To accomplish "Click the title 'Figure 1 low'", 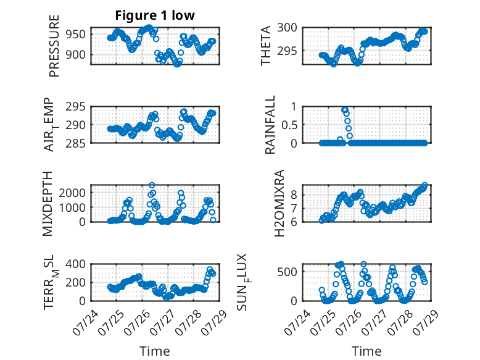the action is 155,15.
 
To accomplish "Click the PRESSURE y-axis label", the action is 54,46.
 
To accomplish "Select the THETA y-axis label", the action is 266,46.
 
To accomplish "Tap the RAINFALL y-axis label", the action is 270,125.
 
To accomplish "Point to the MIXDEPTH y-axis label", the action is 48,203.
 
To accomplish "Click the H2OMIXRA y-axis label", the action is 279,203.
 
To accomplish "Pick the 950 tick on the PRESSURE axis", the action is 76,35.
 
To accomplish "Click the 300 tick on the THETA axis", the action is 287,28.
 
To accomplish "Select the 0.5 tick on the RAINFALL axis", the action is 289,125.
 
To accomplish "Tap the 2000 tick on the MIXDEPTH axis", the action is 72,193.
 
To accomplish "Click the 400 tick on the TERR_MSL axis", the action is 76,264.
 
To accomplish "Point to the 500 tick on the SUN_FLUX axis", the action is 287,272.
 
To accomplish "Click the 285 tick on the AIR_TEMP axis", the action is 76,143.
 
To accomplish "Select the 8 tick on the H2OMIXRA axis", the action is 294,195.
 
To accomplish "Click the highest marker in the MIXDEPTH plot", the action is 152,185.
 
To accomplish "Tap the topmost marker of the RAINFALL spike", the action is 344,110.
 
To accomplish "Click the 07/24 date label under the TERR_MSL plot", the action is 86,323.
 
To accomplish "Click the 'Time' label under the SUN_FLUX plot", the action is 366,351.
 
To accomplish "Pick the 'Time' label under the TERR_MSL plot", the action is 155,351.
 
